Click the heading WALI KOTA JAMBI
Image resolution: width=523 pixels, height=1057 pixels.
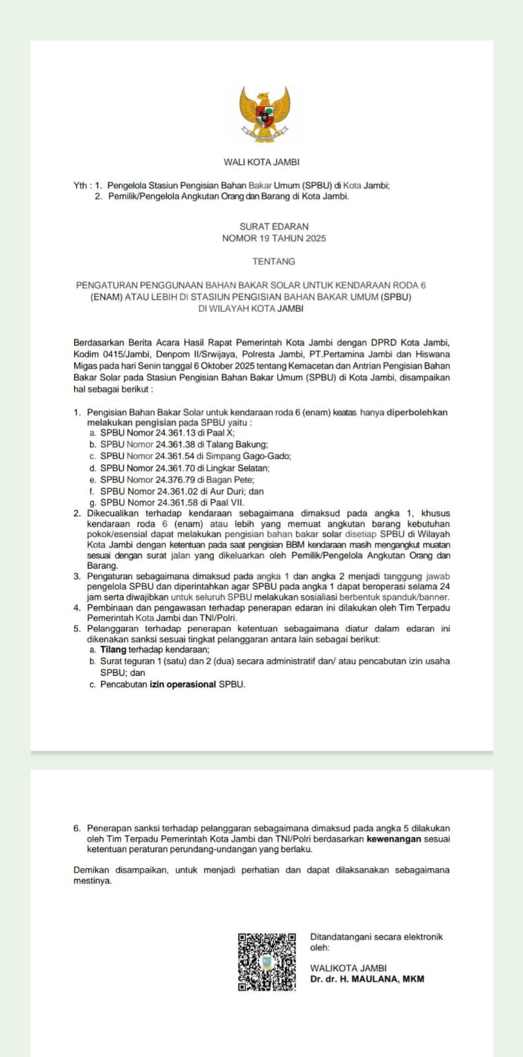[x=261, y=162]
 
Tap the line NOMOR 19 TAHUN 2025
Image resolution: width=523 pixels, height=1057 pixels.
[x=274, y=238]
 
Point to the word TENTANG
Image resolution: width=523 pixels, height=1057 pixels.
[x=274, y=262]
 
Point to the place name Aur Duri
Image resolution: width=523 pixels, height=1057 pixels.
[x=226, y=492]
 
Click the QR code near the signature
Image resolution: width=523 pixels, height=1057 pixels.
[x=266, y=961]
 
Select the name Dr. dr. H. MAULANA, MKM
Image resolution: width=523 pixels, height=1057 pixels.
[x=367, y=979]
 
